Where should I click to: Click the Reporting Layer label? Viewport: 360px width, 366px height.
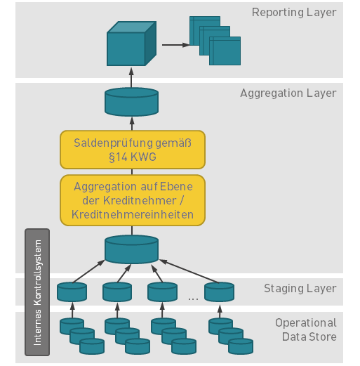294,13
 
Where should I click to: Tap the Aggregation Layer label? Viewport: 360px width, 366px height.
288,93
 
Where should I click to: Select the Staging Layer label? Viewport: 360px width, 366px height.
300,289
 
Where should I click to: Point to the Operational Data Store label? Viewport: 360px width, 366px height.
306,329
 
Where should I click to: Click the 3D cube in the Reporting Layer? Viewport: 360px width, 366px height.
131,44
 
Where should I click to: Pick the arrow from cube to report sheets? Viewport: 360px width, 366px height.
176,45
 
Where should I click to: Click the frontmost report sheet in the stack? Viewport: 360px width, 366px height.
225,51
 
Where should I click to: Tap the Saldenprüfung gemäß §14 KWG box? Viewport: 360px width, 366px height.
133,150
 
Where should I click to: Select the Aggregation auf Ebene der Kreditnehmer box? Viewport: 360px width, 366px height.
133,200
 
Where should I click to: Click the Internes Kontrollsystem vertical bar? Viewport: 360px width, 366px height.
37,292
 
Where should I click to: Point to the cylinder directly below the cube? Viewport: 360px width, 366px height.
131,102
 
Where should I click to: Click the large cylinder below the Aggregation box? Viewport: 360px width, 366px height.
131,249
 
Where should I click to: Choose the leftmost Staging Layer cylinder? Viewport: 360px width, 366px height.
72,292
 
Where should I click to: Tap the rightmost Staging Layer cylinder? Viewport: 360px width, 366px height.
219,292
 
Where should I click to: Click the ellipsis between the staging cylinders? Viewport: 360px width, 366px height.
193,299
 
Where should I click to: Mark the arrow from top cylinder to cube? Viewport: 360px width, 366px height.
131,77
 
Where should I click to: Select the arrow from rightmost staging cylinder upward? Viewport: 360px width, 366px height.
189,271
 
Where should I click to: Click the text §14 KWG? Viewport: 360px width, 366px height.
133,157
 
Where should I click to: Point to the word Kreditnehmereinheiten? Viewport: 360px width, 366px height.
133,214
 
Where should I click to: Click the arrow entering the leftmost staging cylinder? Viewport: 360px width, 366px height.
72,310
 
